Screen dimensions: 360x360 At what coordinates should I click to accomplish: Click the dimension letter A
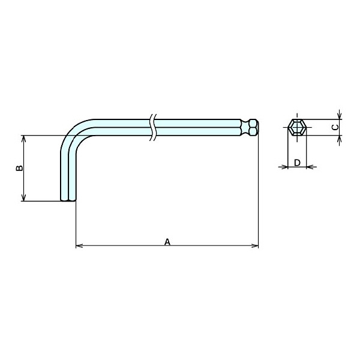(167, 242)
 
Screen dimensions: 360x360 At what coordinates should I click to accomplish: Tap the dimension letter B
(20, 168)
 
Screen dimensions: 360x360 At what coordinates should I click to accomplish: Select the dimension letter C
(335, 127)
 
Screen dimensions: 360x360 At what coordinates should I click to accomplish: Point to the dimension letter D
(297, 163)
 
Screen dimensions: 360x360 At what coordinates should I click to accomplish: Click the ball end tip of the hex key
(254, 127)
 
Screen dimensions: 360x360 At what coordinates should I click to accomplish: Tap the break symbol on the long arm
(153, 127)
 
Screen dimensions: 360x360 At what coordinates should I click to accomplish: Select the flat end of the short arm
(68, 200)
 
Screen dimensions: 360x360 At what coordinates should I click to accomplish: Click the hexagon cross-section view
(297, 127)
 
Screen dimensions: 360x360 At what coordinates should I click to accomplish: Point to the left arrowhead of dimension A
(79, 246)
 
